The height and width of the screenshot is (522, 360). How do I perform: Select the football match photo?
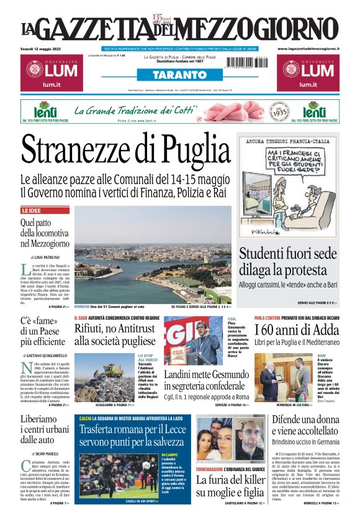115,474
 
